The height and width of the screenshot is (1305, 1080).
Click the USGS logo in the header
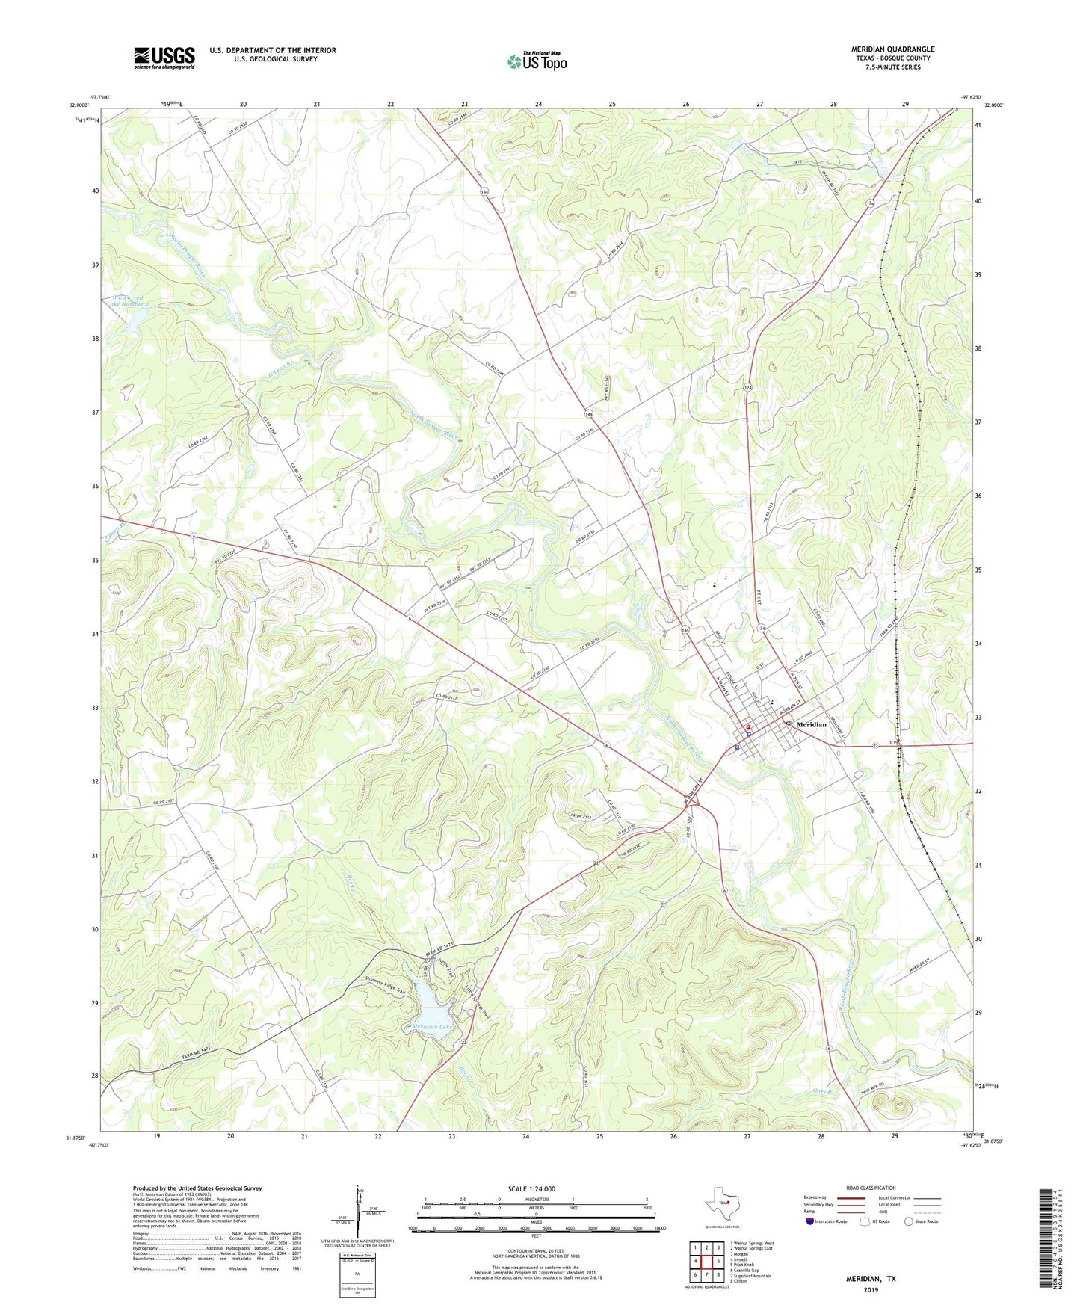coord(164,58)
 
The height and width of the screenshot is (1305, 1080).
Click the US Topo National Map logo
coord(537,61)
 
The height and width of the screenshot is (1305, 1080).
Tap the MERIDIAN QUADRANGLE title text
coord(892,49)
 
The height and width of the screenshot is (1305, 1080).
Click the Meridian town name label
coord(812,724)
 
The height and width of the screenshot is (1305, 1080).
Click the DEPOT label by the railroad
coord(896,743)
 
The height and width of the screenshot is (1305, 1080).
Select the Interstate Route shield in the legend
coord(811,1221)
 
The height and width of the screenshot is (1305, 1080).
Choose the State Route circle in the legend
coord(909,1221)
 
